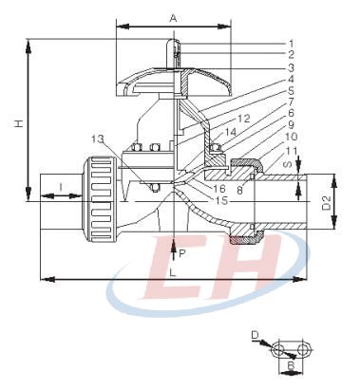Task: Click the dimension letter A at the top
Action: click(x=173, y=18)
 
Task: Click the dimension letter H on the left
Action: click(x=20, y=122)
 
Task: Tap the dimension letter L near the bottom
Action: click(x=173, y=272)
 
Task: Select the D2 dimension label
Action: click(x=326, y=203)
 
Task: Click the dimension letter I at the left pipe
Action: click(x=61, y=187)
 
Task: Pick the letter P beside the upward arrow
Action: click(x=181, y=253)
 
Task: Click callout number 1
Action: click(x=291, y=44)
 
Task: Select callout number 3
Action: click(x=291, y=67)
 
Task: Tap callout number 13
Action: click(x=98, y=139)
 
